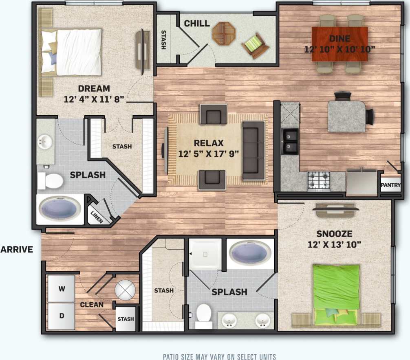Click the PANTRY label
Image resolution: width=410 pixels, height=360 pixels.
tap(390, 185)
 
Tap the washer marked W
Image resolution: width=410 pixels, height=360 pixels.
tap(62, 289)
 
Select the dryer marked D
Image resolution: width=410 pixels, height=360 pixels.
tap(62, 316)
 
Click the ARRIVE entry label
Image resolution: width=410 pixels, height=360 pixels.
tap(17, 250)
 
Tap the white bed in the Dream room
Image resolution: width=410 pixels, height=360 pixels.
tap(77, 52)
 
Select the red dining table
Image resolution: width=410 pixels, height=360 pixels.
tap(339, 44)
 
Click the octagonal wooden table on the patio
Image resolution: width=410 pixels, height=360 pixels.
tap(223, 33)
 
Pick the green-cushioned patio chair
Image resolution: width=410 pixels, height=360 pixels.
tap(255, 44)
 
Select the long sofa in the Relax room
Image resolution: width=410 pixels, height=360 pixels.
tap(253, 151)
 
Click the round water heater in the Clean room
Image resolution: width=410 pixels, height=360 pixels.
tap(125, 290)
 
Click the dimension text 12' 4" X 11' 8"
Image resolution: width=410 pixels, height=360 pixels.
tap(94, 99)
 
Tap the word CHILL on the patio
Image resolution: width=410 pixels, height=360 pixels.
tap(197, 24)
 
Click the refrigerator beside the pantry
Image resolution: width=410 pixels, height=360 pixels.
tap(362, 182)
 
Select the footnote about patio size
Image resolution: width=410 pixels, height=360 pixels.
tap(219, 356)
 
